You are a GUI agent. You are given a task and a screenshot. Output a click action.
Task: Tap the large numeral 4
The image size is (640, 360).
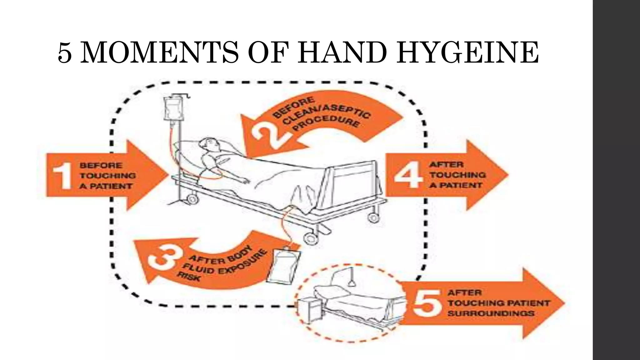(408, 175)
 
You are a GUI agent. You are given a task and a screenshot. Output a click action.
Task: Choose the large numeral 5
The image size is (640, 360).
(426, 302)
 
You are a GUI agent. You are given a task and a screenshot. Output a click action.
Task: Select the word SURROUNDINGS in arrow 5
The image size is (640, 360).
(491, 313)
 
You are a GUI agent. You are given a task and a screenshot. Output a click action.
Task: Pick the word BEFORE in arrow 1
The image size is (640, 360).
(101, 165)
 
